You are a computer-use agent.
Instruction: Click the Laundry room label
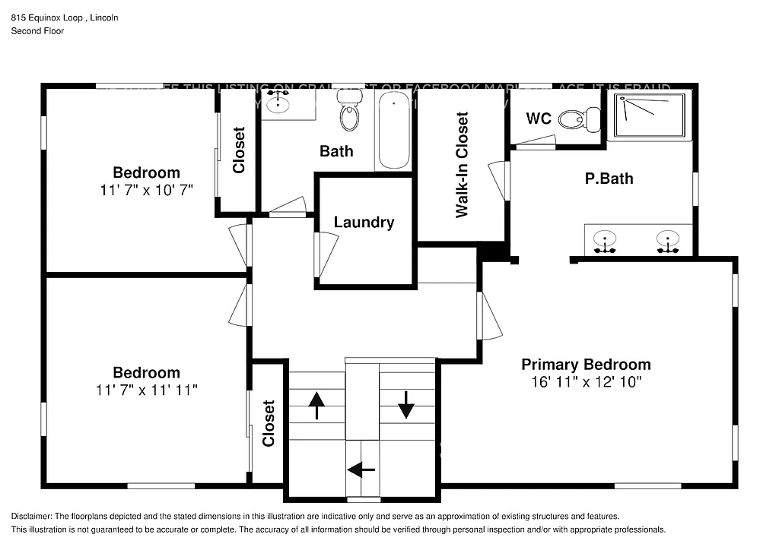[364, 222]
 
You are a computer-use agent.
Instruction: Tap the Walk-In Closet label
[462, 166]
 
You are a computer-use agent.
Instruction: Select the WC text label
[539, 119]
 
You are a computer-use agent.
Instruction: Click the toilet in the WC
[579, 119]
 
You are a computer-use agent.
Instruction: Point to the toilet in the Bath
[349, 115]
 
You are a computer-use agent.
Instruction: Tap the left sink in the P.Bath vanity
[606, 239]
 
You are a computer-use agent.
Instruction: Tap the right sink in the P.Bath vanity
[667, 239]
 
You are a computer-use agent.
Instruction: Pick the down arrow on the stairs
[405, 404]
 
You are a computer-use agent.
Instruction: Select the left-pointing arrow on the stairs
[361, 469]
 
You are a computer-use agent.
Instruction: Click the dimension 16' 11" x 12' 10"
[586, 382]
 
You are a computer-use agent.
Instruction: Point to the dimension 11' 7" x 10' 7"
[146, 190]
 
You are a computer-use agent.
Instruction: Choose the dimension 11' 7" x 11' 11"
[146, 390]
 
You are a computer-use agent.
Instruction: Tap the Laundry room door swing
[326, 254]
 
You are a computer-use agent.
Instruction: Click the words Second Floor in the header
[37, 31]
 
